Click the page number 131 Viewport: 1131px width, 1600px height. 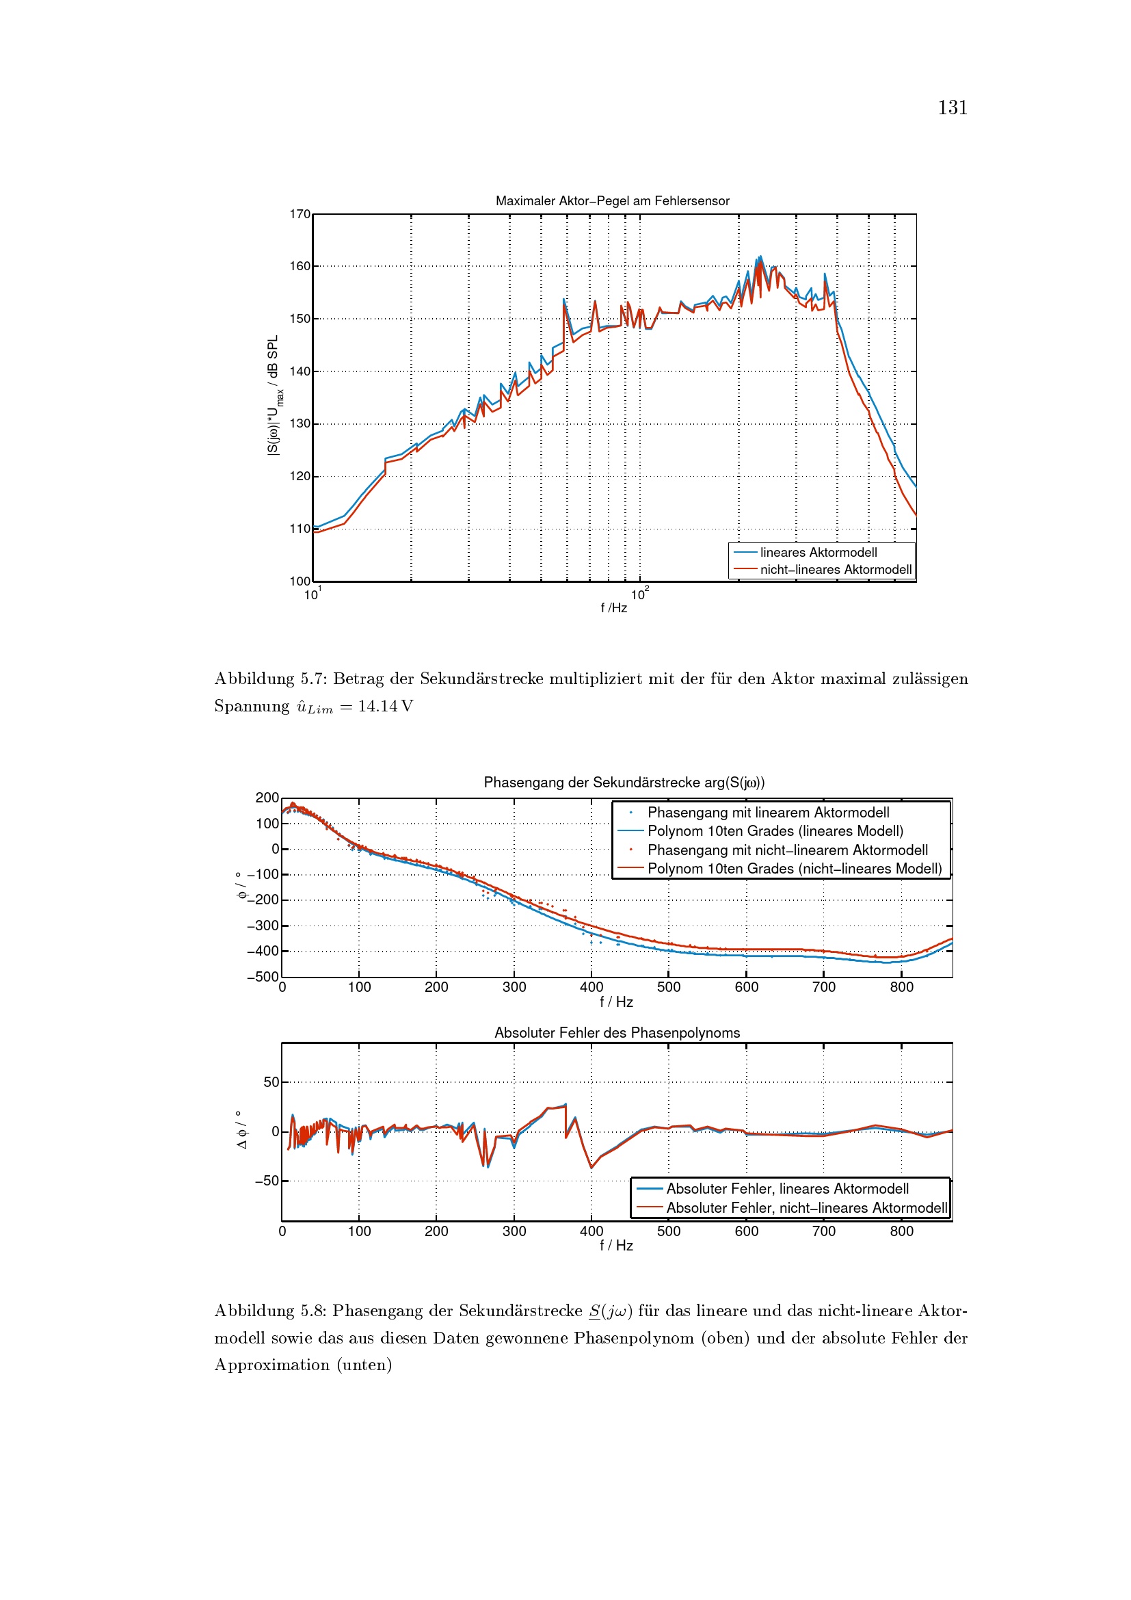click(952, 108)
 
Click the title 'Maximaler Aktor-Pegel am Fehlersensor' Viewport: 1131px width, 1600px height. click(612, 201)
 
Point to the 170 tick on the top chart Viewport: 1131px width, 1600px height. click(300, 215)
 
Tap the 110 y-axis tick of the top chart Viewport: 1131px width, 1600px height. click(300, 529)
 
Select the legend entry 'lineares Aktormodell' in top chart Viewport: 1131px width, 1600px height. click(819, 553)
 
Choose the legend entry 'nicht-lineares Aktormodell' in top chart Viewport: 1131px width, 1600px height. click(835, 570)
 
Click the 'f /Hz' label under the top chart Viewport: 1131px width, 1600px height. click(613, 608)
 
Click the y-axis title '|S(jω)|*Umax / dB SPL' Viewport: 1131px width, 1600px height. click(274, 395)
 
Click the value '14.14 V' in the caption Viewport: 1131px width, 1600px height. click(385, 707)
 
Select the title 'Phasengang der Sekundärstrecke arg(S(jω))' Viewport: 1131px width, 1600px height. click(624, 783)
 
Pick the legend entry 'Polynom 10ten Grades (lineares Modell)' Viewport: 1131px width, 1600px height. click(775, 831)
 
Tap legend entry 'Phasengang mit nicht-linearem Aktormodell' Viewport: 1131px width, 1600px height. click(787, 850)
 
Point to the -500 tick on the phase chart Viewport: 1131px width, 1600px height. click(263, 977)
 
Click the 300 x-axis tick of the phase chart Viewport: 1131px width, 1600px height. click(514, 988)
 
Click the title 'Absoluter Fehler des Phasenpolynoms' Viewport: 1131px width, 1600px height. click(617, 1033)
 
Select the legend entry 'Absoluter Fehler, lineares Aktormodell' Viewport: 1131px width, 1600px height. click(787, 1190)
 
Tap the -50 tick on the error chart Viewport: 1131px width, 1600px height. click(266, 1181)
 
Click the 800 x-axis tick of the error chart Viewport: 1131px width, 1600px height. click(901, 1231)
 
